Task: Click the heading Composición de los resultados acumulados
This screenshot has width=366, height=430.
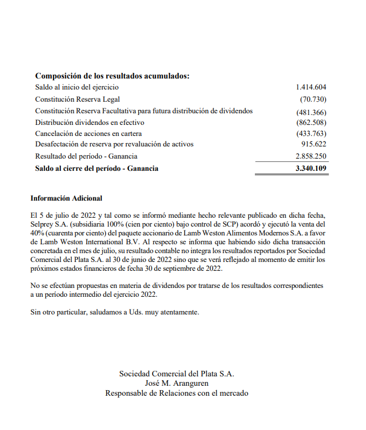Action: click(112, 76)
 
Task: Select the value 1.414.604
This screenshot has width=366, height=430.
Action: click(311, 87)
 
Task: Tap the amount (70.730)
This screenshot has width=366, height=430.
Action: click(313, 99)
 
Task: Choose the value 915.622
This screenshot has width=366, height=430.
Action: click(313, 144)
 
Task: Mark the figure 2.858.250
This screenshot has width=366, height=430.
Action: click(311, 156)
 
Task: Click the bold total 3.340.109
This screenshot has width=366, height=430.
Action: click(311, 169)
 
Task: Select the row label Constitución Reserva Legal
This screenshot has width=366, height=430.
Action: click(77, 99)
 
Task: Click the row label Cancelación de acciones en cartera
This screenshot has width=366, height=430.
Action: click(88, 134)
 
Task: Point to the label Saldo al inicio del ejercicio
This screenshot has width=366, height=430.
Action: click(77, 87)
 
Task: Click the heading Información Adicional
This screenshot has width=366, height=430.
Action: click(66, 198)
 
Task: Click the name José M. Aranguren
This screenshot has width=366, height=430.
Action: click(176, 384)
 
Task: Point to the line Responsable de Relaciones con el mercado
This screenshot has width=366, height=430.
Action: click(176, 394)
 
